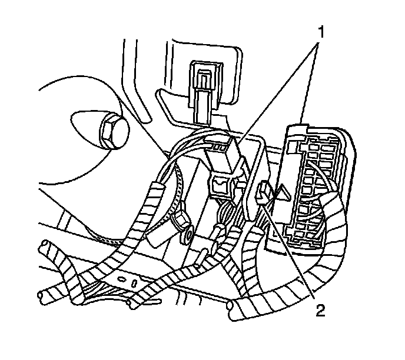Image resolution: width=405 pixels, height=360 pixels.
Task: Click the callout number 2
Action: (x=320, y=311)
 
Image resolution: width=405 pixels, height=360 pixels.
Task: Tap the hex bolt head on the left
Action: (x=111, y=134)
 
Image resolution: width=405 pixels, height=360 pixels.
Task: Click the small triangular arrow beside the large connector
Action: (x=282, y=192)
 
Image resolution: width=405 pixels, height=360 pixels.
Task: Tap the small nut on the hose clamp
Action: (x=181, y=220)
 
